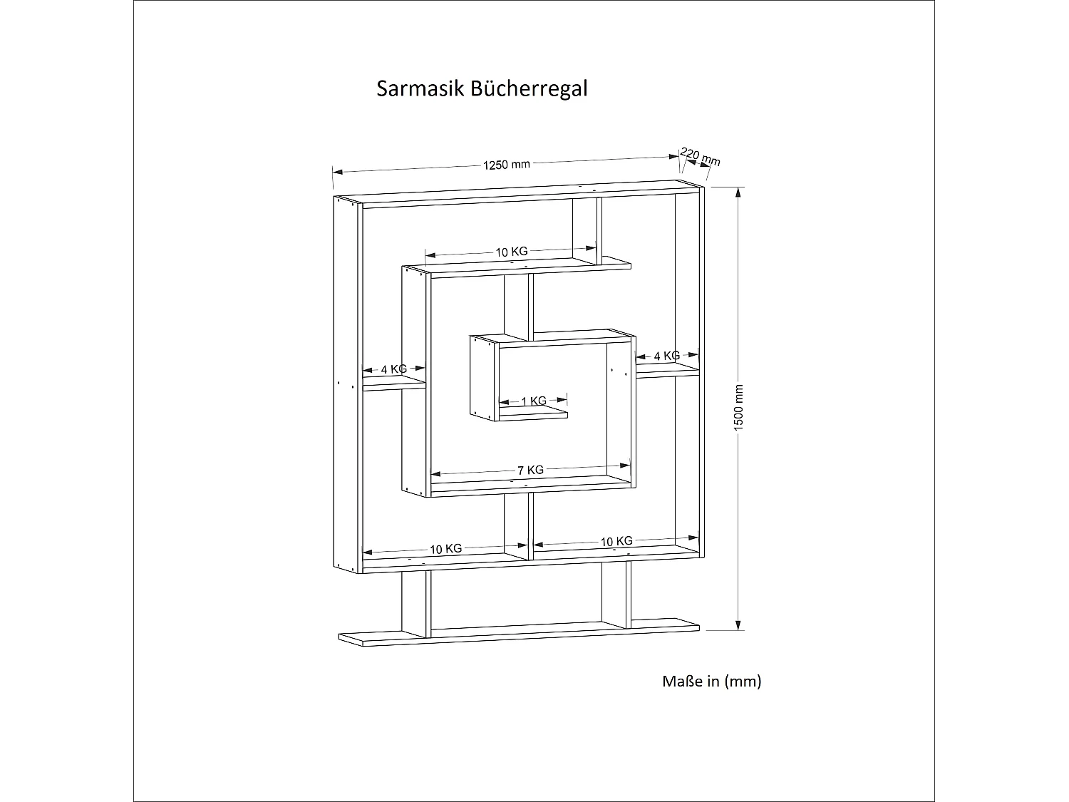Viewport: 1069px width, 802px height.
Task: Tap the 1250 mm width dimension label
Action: point(507,165)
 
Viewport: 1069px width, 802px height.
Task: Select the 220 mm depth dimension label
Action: point(700,157)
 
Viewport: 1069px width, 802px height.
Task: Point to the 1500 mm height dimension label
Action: point(739,406)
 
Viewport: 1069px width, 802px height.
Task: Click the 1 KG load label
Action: point(534,401)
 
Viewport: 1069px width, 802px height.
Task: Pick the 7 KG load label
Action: point(530,471)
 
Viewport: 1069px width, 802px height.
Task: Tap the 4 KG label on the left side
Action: point(393,369)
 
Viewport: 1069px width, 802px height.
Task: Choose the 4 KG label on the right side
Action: point(666,356)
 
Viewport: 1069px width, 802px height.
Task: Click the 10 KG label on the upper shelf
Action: point(512,252)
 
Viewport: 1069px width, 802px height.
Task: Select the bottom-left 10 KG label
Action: point(445,549)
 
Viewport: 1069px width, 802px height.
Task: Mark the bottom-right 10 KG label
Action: point(616,542)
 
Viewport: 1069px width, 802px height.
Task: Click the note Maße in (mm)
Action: point(712,682)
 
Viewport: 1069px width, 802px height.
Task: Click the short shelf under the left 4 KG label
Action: point(394,385)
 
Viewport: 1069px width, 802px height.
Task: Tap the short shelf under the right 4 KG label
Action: point(667,371)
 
